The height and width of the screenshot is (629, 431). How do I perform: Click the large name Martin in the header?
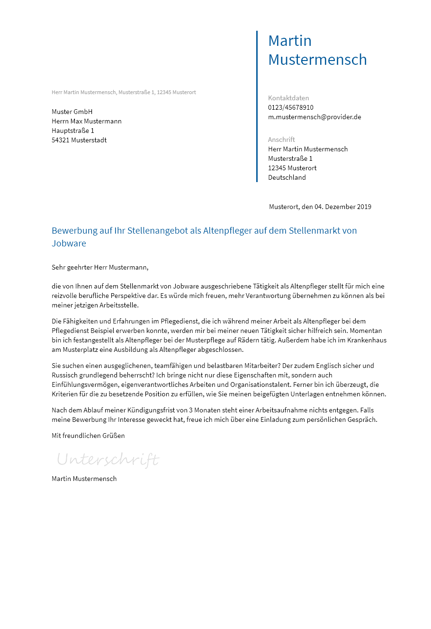point(290,41)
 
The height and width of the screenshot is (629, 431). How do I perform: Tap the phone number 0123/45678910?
point(290,107)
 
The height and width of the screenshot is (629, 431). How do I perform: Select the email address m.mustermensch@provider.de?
point(314,117)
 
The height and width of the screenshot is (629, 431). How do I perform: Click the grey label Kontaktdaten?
point(288,98)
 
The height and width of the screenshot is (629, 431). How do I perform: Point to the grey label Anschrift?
point(281,140)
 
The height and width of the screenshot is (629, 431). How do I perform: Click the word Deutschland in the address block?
point(287,177)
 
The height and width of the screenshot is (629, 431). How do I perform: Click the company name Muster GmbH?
point(72,112)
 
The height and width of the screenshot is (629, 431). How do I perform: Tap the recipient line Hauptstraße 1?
point(72,131)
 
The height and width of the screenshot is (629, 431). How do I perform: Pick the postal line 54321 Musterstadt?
point(79,140)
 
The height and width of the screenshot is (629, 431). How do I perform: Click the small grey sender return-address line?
point(124,92)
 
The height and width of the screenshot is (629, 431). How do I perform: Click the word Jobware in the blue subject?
point(69,244)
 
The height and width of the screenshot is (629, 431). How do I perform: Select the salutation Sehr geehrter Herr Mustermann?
point(100,267)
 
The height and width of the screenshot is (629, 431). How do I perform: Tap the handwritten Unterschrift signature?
point(108,459)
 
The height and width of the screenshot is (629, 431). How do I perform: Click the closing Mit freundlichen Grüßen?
point(88,436)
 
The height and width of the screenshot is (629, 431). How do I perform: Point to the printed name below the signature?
point(84,479)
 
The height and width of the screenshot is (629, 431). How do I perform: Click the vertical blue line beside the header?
point(257,106)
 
